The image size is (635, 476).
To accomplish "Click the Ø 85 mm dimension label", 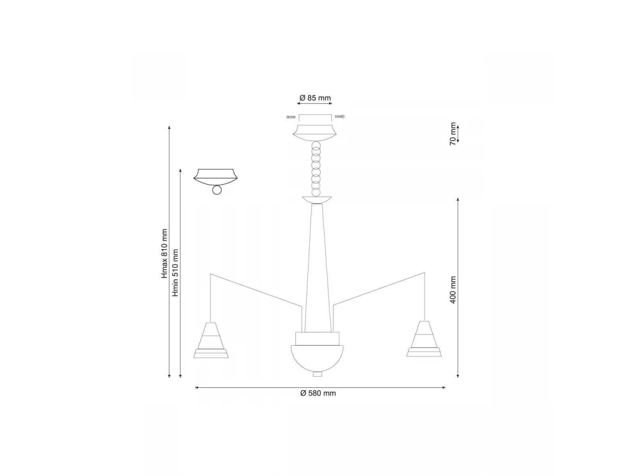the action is [x=315, y=98].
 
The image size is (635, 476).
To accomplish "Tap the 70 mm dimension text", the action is [x=453, y=134].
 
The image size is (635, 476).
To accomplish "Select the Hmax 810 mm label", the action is [x=165, y=253].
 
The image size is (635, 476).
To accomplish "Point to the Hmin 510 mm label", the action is [x=175, y=272].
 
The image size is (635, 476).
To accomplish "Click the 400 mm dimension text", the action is [x=453, y=290].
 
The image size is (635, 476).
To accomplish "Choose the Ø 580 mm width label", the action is [x=318, y=393].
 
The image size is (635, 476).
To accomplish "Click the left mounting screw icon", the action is [x=291, y=117].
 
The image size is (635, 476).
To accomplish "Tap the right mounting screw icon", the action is [x=340, y=116].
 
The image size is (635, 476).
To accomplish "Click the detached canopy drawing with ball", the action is [x=215, y=181].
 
